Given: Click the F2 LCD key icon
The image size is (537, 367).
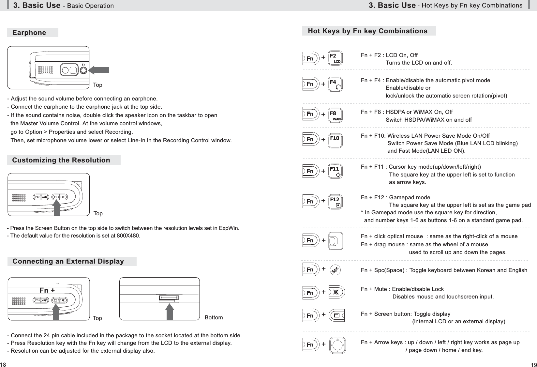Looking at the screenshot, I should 335,58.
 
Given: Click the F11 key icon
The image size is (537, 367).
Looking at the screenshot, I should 335,171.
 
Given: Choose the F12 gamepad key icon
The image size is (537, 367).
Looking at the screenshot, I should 335,201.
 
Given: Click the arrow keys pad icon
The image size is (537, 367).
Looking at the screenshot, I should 337,344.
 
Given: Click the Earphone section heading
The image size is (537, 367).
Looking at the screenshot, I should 29,33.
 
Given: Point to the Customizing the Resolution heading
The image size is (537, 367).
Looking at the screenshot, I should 61,160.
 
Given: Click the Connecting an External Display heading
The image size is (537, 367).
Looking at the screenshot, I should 68,261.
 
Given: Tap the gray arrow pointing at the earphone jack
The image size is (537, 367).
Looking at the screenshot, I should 99,70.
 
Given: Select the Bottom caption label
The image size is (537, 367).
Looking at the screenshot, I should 214,317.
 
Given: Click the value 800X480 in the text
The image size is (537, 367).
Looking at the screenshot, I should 129,236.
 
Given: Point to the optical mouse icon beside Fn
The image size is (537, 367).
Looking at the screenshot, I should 336,241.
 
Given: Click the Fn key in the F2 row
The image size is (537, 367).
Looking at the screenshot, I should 310,58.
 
